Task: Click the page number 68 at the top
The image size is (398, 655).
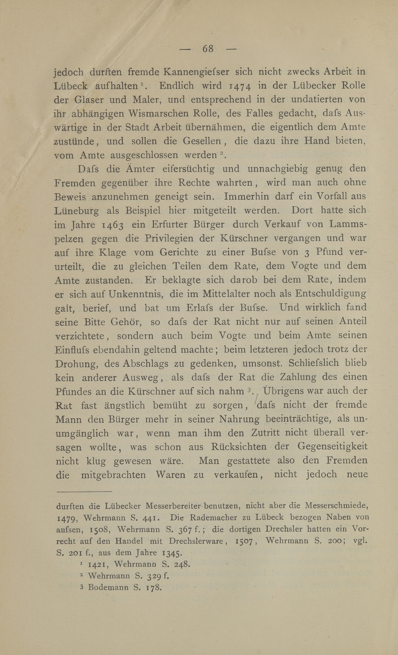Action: pos(208,49)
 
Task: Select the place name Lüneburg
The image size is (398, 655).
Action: pos(76,211)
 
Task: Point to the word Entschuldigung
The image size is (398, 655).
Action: pos(331,294)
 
